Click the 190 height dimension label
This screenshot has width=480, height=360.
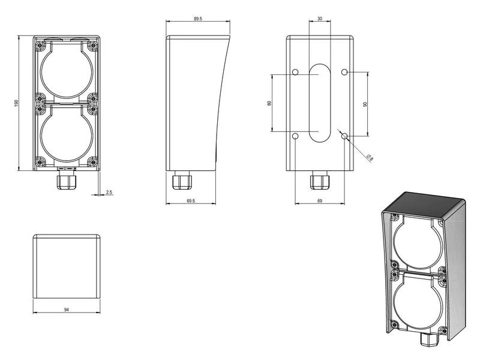tap(16, 104)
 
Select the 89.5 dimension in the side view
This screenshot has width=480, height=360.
tap(197, 19)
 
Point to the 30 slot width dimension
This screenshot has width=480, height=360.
tap(319, 19)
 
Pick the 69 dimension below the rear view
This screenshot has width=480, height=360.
tap(319, 202)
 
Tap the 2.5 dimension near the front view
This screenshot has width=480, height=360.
tap(109, 192)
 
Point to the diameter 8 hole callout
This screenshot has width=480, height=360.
tap(370, 157)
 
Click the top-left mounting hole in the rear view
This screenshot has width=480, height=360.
tap(295, 73)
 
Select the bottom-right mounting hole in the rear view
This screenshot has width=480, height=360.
tap(344, 136)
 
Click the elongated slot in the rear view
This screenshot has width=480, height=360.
tap(319, 103)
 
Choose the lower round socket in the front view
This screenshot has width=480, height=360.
tap(66, 134)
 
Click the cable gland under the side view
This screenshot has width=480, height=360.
tap(179, 181)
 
